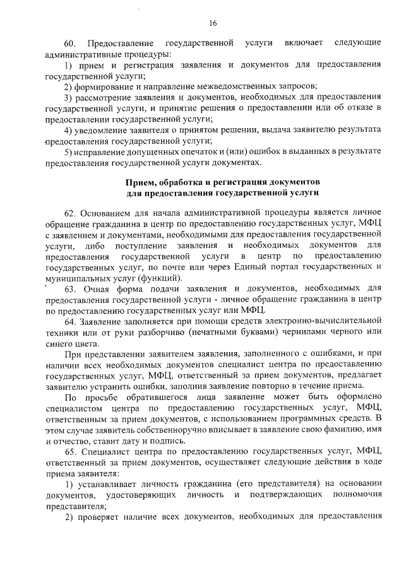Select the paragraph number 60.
point(70,43)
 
